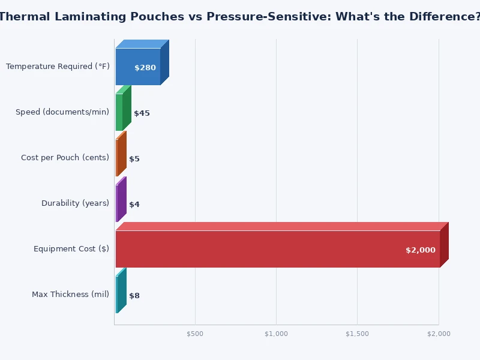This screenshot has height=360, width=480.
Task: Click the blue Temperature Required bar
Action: click(137, 66)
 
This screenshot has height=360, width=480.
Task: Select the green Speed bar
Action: click(119, 112)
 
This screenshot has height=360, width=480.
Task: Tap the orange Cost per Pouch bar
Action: click(118, 158)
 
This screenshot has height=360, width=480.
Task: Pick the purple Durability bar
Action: click(118, 203)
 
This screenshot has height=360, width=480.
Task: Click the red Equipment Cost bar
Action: click(276, 249)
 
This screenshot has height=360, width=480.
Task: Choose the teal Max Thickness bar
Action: click(118, 295)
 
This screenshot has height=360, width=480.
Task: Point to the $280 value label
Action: click(145, 68)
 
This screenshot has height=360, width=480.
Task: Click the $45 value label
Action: click(142, 113)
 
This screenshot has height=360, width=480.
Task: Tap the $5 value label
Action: click(134, 159)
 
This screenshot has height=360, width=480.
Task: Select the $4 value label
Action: click(134, 205)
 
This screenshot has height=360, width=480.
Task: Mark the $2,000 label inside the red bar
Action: click(420, 250)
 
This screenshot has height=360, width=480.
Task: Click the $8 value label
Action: click(134, 296)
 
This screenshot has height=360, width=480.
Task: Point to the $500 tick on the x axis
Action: click(195, 334)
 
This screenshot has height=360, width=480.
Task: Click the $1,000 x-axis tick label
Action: click(276, 334)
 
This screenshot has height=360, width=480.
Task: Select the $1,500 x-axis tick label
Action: click(358, 334)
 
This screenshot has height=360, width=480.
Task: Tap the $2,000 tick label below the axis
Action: click(439, 334)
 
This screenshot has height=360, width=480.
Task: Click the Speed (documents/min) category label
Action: click(62, 112)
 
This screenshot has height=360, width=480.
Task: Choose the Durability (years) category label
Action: click(75, 203)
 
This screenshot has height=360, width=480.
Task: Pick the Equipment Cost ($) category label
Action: click(71, 249)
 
